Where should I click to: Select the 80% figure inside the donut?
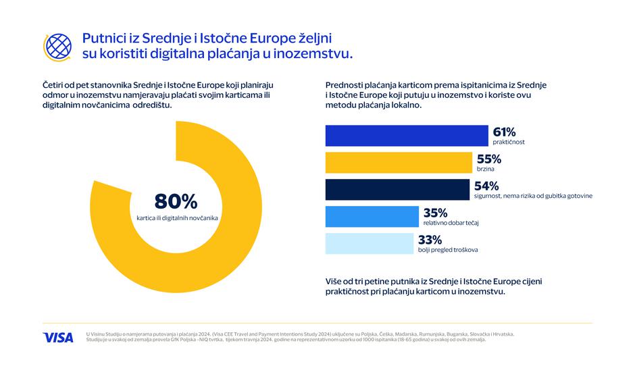pos(176,201)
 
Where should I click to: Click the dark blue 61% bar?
pos(406,136)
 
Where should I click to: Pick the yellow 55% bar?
pos(398,163)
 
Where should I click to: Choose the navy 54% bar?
pos(397,190)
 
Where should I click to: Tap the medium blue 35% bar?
pos(372,217)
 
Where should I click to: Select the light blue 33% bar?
pos(369,244)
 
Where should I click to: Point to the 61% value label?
pos(505,132)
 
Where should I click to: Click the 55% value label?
pos(489,159)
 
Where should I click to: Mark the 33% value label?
pos(430,240)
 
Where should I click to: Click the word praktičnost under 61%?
pos(509,142)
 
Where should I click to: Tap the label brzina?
pos(486,169)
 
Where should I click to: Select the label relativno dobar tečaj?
pos(451,223)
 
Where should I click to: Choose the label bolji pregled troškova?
pos(448,251)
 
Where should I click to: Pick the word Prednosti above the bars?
pos(347,84)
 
